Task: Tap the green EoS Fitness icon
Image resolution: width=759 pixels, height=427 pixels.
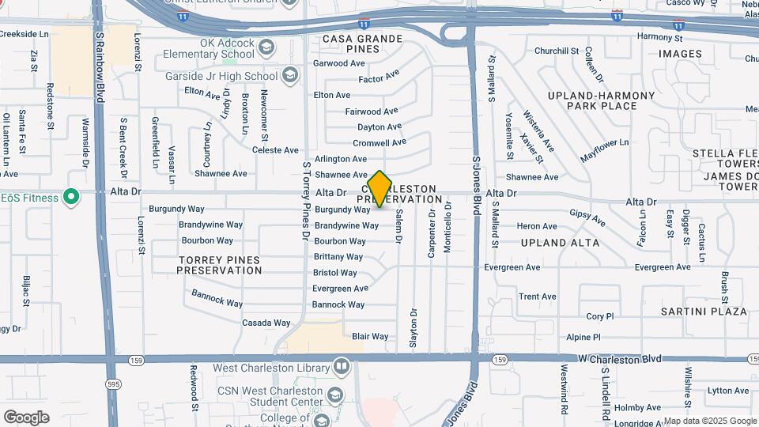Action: click(71, 197)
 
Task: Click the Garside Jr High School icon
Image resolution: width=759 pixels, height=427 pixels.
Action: click(290, 76)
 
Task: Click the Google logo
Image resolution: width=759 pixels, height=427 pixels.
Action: click(26, 417)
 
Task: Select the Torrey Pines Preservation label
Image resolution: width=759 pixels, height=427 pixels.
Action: click(219, 265)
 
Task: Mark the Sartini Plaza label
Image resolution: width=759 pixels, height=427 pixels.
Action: click(704, 312)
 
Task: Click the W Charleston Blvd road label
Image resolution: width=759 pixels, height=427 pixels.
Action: click(619, 359)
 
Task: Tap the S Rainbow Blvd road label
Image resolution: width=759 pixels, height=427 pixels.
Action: click(100, 56)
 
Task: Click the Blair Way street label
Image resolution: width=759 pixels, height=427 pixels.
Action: click(370, 336)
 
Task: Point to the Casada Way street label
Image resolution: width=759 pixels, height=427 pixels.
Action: click(266, 323)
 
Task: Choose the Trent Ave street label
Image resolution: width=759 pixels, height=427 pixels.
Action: click(538, 297)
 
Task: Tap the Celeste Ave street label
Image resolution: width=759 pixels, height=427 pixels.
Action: click(275, 150)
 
